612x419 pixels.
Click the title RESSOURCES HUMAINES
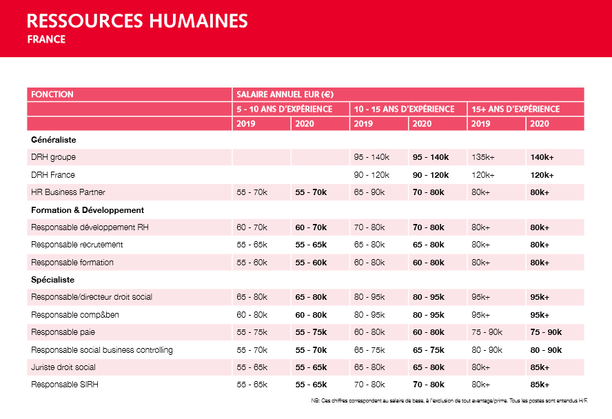pos(137,21)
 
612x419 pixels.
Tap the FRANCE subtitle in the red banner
pos(47,40)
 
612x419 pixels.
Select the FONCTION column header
pos(52,94)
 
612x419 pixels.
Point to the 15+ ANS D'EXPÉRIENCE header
pos(516,109)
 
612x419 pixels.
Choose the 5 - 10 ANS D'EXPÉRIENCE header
pos(285,109)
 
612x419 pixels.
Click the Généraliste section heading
pos(53,140)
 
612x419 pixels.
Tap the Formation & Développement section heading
pos(87,210)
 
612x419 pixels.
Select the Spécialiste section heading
pos(52,280)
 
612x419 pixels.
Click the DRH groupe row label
pos(53,157)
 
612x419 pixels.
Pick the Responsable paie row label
pos(63,332)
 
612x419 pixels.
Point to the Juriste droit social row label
pos(63,367)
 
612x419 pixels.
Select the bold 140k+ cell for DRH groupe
pos(542,157)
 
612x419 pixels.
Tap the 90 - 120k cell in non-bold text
pos(371,175)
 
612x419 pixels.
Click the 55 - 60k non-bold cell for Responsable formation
pos(252,263)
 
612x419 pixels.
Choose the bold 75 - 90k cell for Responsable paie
pos(546,332)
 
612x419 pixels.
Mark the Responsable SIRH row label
pos(65,385)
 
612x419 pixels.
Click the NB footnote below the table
pos(451,400)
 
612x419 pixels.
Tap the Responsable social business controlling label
pos(101,350)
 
